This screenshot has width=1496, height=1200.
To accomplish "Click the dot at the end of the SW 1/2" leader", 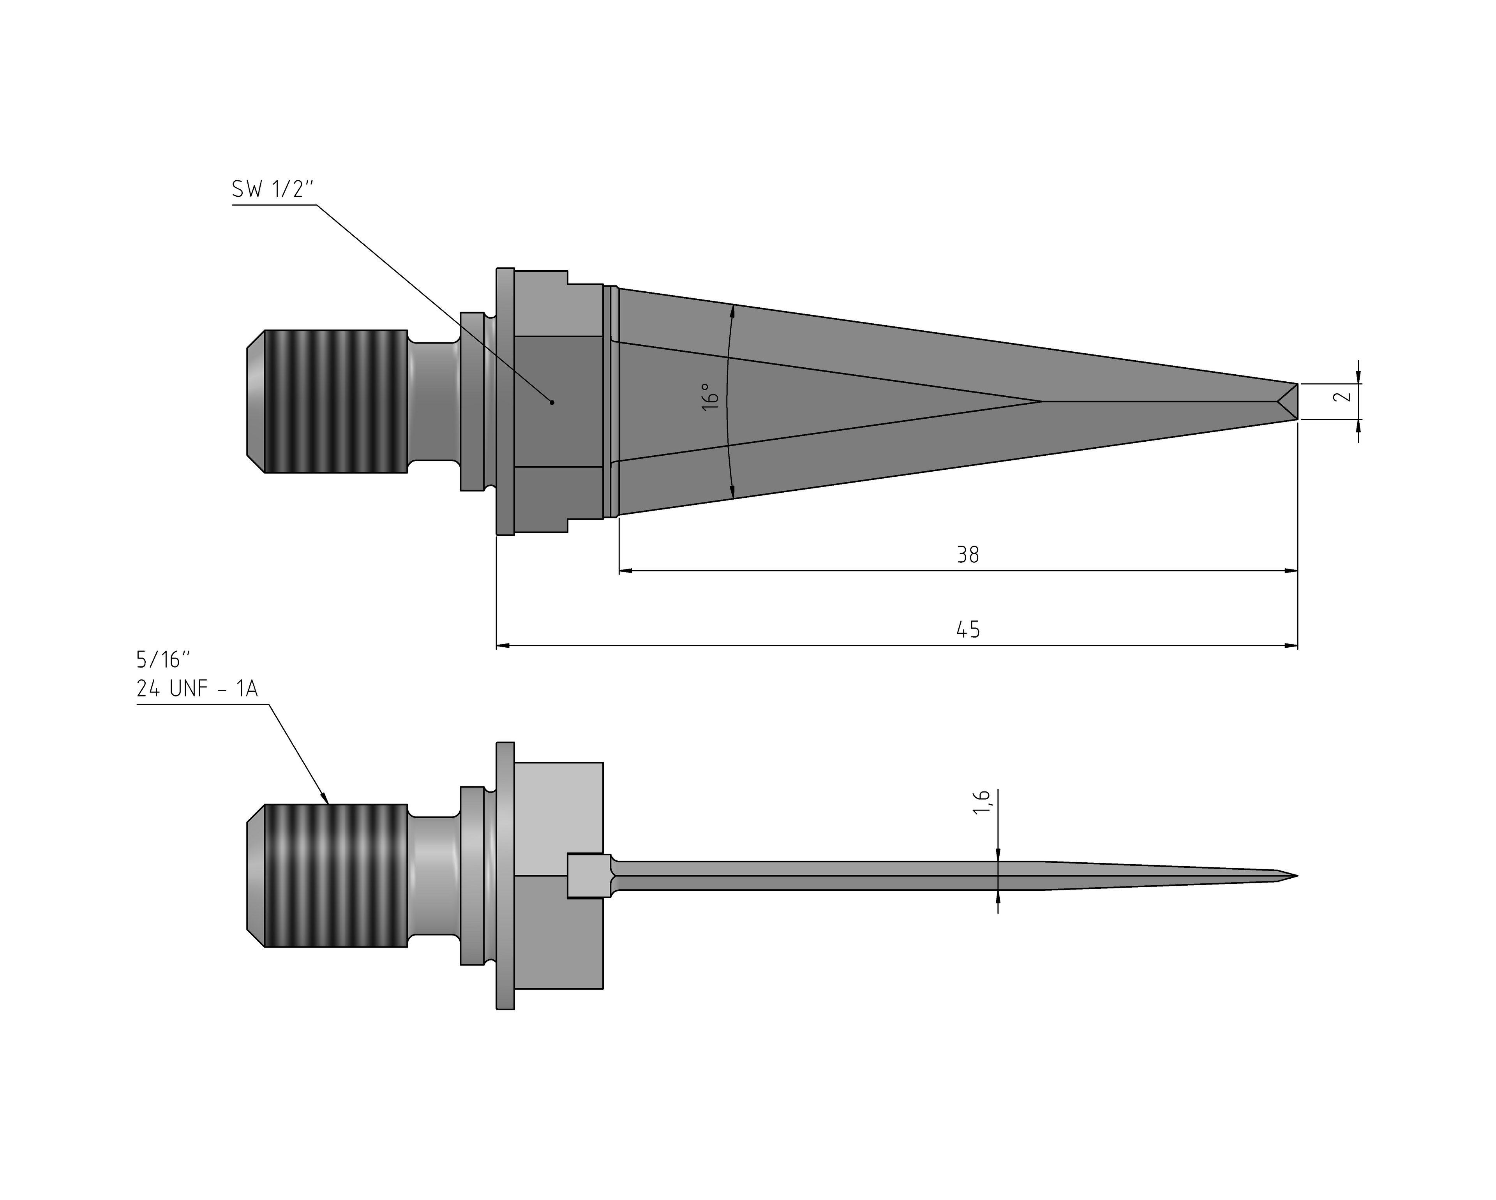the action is tap(552, 402).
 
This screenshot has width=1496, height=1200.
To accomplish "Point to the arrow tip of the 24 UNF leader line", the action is tap(328, 804).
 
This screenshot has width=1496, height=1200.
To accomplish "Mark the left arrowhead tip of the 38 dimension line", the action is tap(619, 571).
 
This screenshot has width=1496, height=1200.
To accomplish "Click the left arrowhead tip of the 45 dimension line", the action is tap(497, 646).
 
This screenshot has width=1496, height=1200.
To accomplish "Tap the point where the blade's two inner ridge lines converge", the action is tap(1041, 401).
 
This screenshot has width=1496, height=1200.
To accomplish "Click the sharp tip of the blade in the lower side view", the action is tap(1297, 876).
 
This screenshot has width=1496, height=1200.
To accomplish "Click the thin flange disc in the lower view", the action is tap(505, 876).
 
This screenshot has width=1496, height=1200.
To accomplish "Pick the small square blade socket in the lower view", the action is tap(589, 876).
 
